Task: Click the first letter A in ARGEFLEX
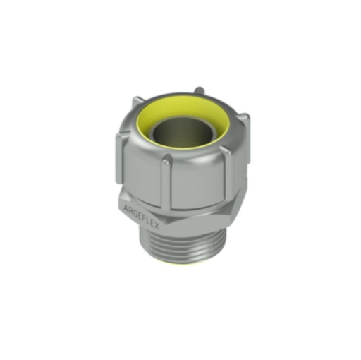click(126, 207)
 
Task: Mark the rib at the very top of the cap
click(200, 90)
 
